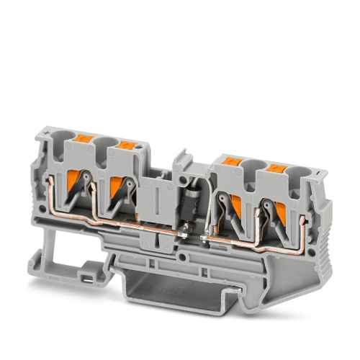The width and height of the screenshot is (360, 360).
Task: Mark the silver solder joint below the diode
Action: click(x=186, y=229)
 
